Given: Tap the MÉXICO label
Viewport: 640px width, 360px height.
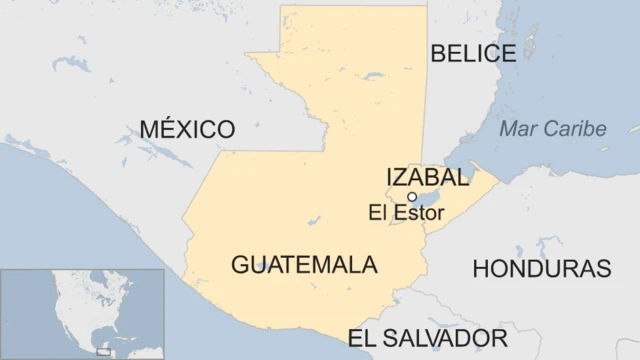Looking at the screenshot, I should [187, 129].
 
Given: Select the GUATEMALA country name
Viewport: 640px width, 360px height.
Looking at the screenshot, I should [304, 265].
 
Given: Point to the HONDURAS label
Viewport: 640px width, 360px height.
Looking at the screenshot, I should [541, 268].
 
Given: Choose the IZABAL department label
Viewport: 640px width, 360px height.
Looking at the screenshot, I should [427, 178].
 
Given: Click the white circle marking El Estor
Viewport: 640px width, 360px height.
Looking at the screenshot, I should [412, 197].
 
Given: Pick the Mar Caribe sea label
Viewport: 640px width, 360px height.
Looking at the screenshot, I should [553, 129].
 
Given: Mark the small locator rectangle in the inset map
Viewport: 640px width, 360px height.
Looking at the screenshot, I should [103, 351].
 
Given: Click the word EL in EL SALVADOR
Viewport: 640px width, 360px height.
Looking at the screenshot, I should [362, 337].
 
